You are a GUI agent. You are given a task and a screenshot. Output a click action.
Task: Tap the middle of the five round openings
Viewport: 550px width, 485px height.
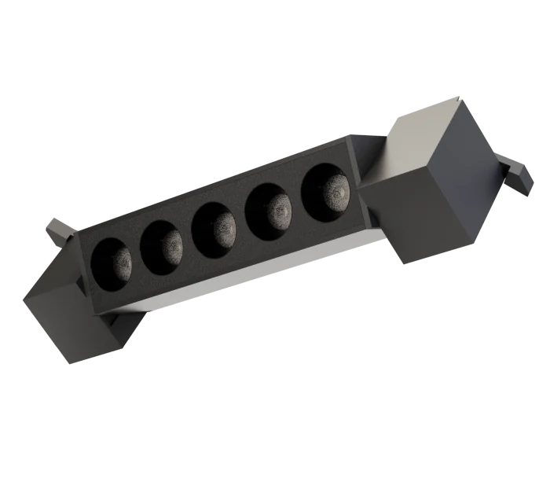215,227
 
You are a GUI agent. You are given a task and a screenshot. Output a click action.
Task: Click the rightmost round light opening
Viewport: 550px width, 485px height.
326,190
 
